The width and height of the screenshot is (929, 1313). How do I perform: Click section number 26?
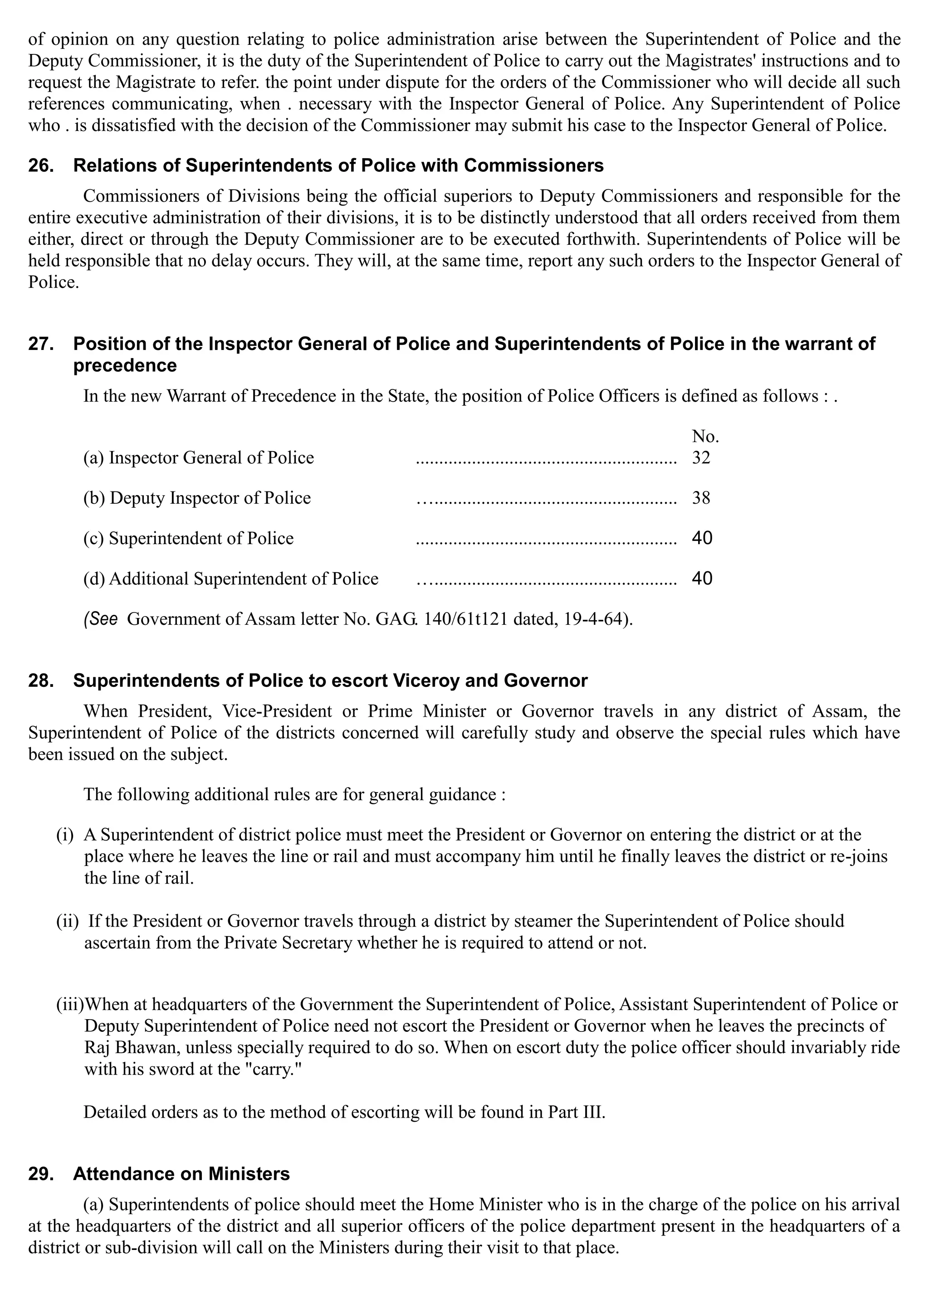(41, 166)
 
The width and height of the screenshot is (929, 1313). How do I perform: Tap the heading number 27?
(41, 344)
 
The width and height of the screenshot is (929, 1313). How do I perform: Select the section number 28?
(41, 681)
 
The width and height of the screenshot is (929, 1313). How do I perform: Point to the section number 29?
(41, 1174)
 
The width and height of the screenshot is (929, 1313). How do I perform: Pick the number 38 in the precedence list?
(701, 498)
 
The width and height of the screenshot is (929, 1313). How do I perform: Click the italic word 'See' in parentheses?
(102, 619)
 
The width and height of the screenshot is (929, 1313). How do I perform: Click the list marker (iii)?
(69, 1005)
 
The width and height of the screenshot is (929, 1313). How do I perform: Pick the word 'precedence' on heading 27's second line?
(125, 365)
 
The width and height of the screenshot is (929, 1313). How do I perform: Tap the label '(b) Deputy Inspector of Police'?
(197, 498)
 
